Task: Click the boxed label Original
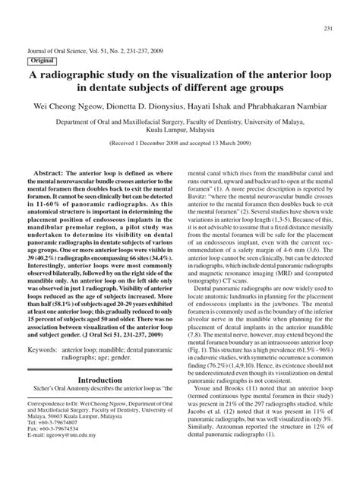44,60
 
